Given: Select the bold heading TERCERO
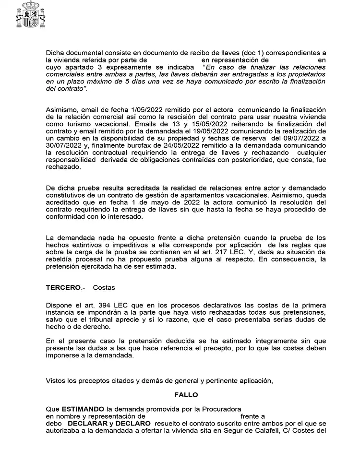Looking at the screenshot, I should tap(63, 288).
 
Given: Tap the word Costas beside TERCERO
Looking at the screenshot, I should tap(104, 288).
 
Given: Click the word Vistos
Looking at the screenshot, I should tap(56, 381).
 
